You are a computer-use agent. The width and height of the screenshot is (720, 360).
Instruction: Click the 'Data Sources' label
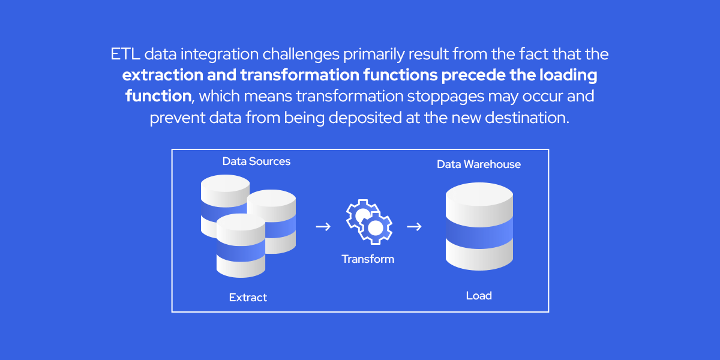[256, 161]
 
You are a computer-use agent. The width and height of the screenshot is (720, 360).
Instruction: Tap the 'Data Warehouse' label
[478, 164]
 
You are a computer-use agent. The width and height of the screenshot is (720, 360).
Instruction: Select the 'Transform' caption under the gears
[368, 259]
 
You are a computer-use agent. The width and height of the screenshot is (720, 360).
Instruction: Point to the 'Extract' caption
[248, 298]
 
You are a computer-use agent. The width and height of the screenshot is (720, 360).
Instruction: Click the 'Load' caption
[479, 296]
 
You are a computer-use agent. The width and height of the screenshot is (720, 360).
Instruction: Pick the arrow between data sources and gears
[323, 227]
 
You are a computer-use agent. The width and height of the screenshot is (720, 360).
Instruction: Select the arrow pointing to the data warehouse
[414, 227]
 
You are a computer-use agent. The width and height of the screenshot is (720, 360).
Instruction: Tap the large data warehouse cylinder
[479, 226]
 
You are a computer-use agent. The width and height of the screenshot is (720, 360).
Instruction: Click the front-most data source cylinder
[241, 246]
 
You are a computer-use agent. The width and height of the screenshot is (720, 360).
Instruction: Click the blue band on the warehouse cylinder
[479, 232]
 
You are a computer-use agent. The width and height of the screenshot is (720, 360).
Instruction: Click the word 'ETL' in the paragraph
[125, 55]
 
